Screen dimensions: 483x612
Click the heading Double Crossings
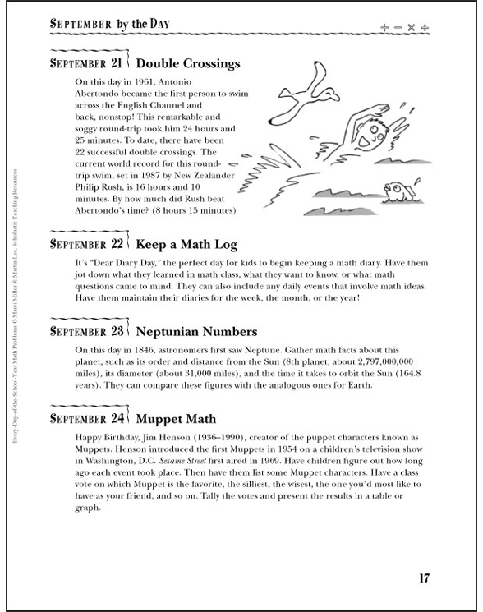click(x=187, y=63)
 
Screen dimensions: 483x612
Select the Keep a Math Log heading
click(x=186, y=245)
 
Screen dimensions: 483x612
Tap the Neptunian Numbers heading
click(x=196, y=332)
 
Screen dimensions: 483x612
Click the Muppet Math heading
click(x=176, y=419)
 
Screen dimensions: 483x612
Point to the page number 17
click(x=424, y=578)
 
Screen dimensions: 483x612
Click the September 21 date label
click(x=86, y=63)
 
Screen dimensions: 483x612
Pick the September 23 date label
click(x=87, y=332)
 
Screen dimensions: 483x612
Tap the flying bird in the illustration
click(x=305, y=93)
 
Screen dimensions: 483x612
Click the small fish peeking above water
click(x=401, y=191)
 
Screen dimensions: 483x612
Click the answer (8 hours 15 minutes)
click(x=194, y=211)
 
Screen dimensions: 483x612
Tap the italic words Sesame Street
click(x=182, y=461)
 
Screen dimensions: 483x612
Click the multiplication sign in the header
click(x=411, y=27)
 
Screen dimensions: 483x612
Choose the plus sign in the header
click(x=384, y=27)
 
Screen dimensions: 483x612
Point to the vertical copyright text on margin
click(x=15, y=306)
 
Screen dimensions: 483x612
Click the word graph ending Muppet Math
click(x=87, y=508)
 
